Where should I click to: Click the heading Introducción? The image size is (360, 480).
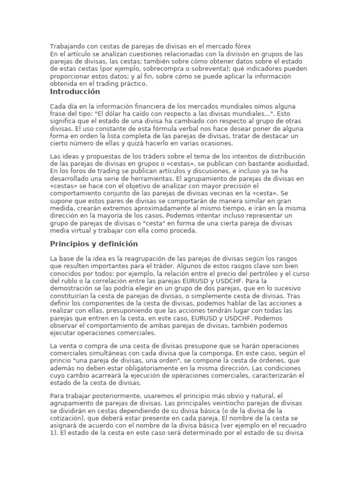(x=75, y=92)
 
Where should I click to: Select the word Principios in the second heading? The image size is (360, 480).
(x=67, y=244)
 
